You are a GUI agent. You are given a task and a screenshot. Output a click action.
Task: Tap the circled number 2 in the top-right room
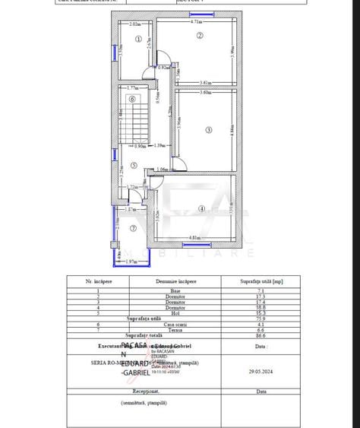click(200, 36)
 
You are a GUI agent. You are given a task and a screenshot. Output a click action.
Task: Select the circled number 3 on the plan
click(208, 129)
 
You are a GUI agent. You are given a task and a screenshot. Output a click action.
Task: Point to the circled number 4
click(201, 208)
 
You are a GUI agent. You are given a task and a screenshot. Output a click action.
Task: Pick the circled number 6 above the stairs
click(132, 98)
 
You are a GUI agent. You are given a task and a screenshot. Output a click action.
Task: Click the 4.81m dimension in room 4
click(194, 238)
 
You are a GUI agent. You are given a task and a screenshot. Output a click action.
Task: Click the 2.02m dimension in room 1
click(134, 24)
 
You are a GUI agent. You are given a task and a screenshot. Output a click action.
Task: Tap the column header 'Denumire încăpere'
click(175, 281)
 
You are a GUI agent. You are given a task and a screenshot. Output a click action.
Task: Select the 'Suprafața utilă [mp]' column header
click(261, 281)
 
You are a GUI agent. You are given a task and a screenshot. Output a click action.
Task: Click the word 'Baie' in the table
click(175, 290)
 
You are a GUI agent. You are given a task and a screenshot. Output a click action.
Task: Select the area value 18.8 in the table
click(261, 306)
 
